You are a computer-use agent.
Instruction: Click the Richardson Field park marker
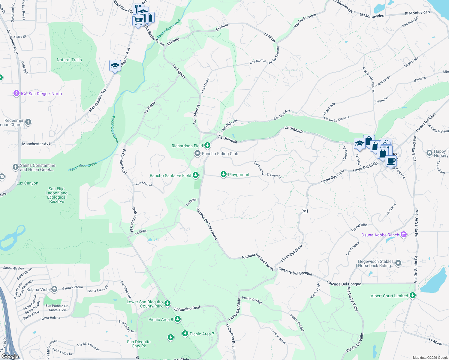pyautogui.click(x=207, y=145)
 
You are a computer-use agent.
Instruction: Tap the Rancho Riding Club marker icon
pyautogui.click(x=197, y=154)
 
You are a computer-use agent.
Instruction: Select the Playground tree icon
pyautogui.click(x=223, y=174)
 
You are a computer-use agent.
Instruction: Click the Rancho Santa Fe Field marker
pyautogui.click(x=196, y=175)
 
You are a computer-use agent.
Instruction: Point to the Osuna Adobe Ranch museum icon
pyautogui.click(x=404, y=235)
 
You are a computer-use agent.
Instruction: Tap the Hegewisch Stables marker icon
pyautogui.click(x=398, y=263)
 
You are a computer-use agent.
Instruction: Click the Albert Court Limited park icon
pyautogui.click(x=413, y=295)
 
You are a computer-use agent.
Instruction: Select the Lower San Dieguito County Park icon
pyautogui.click(x=167, y=304)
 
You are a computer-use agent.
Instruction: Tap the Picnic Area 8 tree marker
pyautogui.click(x=178, y=319)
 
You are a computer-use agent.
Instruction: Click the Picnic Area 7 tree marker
pyautogui.click(x=185, y=334)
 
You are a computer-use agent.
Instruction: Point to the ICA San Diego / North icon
pyautogui.click(x=16, y=93)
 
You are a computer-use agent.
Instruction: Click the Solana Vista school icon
pyautogui.click(x=54, y=289)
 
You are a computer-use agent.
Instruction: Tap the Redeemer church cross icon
pyautogui.click(x=28, y=122)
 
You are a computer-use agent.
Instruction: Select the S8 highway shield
pyautogui.click(x=305, y=211)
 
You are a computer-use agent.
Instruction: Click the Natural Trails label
pyautogui.click(x=69, y=60)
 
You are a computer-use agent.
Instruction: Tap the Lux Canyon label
pyautogui.click(x=27, y=183)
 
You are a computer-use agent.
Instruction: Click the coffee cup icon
pyautogui.click(x=391, y=161)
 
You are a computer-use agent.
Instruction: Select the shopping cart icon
pyautogui.click(x=138, y=21)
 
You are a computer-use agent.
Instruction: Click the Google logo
pyautogui.click(x=10, y=356)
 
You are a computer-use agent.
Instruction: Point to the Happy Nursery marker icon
pyautogui.click(x=429, y=153)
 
